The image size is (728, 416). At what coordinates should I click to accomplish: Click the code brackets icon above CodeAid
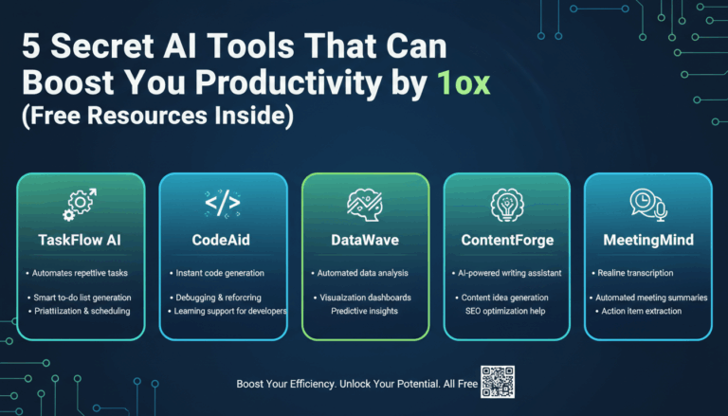[222, 203]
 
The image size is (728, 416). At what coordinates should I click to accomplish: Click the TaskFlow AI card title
[81, 240]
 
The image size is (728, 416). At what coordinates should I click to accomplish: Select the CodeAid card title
[222, 240]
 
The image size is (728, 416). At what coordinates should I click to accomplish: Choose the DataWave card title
[365, 240]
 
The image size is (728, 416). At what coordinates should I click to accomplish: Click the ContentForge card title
[506, 240]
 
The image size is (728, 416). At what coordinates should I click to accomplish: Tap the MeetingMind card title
[646, 240]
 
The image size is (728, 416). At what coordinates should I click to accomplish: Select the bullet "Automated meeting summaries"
[651, 298]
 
